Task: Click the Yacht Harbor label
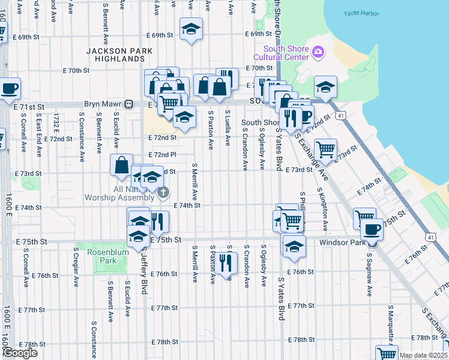click(359, 13)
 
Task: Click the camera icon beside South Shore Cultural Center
click(318, 53)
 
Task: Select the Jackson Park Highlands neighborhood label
click(119, 55)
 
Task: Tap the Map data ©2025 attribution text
click(423, 355)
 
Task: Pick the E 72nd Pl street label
click(162, 155)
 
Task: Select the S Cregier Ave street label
click(76, 265)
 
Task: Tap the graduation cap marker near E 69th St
click(191, 28)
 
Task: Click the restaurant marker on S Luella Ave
click(226, 263)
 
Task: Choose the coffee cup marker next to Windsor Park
click(371, 229)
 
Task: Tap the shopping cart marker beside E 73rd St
click(325, 149)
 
